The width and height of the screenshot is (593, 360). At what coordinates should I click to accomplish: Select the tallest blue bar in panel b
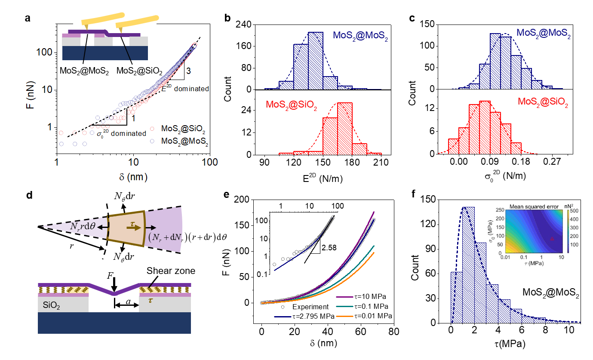(316, 61)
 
